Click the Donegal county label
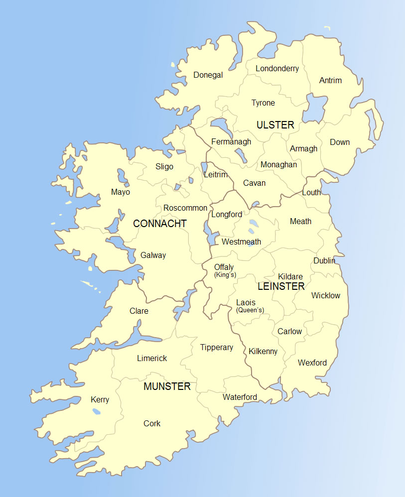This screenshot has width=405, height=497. (208, 75)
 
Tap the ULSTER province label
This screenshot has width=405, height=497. (275, 125)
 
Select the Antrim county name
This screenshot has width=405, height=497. (330, 80)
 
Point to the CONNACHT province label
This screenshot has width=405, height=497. (159, 224)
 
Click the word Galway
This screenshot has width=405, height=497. (153, 255)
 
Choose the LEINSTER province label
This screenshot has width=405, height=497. (281, 286)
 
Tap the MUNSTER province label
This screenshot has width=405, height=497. (167, 386)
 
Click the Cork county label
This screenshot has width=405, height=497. (152, 423)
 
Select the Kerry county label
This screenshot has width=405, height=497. (100, 399)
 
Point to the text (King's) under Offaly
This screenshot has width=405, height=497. (225, 275)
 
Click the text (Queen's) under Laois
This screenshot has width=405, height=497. (250, 310)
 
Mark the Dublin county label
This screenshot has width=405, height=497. (324, 260)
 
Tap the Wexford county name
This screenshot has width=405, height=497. (312, 363)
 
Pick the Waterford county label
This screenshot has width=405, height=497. (240, 397)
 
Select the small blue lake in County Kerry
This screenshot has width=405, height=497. (96, 411)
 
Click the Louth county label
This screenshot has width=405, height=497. (311, 192)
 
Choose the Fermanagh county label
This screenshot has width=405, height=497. (231, 141)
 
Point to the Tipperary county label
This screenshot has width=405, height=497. (216, 347)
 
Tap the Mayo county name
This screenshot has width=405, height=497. (121, 192)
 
